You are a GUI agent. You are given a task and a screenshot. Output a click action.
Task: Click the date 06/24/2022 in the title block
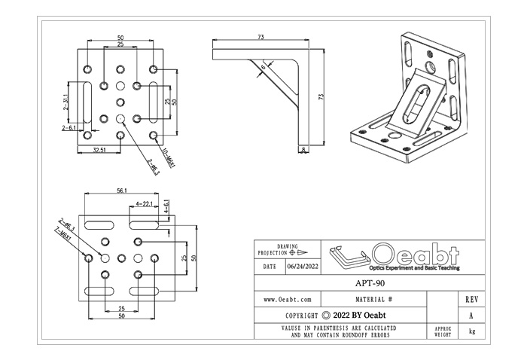(302, 267)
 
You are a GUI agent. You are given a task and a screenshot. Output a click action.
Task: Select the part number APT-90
(370, 284)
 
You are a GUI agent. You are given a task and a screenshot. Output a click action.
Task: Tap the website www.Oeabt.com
(288, 299)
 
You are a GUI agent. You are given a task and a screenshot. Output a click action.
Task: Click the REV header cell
(471, 299)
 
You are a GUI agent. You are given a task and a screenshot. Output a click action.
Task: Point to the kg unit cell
(471, 331)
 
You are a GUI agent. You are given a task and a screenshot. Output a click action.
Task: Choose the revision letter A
(471, 316)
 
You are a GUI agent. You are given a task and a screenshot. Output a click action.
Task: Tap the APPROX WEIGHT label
(443, 331)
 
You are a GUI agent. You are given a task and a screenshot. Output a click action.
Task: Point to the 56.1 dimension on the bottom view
(120, 191)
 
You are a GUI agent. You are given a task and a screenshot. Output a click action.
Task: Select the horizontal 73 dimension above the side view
(260, 36)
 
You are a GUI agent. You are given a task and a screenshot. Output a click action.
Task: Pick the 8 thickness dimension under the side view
(303, 151)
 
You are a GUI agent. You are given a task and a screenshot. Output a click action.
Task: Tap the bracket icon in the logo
(347, 256)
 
